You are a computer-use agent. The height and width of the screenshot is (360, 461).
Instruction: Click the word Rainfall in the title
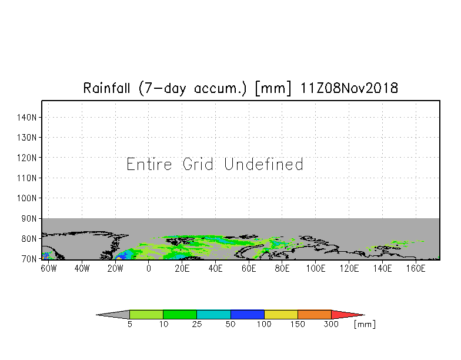(x=106, y=88)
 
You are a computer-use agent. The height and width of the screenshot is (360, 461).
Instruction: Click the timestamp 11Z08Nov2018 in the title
(x=349, y=88)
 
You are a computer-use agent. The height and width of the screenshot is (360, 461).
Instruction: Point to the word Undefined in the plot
(x=263, y=164)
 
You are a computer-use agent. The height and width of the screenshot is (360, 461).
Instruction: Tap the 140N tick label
(x=27, y=118)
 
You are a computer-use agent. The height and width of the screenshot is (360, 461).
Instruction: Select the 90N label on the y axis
(x=29, y=219)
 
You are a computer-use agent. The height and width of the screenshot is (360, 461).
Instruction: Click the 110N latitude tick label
(x=27, y=178)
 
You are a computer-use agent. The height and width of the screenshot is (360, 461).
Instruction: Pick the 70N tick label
(x=29, y=259)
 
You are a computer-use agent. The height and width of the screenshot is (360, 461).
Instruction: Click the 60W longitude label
(x=48, y=268)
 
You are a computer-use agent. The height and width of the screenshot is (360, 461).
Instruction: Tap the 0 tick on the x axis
(x=149, y=268)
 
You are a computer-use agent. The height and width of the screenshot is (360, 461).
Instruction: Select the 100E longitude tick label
(x=316, y=268)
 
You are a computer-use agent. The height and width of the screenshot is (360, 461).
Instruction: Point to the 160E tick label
(x=416, y=268)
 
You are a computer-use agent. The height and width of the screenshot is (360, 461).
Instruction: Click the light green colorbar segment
(x=146, y=314)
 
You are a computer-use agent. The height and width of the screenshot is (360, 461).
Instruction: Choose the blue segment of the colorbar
(x=247, y=314)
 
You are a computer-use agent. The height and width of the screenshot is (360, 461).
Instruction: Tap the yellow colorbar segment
(x=281, y=314)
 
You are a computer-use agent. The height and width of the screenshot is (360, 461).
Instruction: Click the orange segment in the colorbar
(x=314, y=314)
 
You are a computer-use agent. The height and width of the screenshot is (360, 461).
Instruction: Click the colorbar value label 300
(x=331, y=325)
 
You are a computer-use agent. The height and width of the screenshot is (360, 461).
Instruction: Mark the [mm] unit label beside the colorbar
(x=365, y=325)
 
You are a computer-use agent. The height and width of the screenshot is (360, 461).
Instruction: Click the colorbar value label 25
(x=197, y=325)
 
